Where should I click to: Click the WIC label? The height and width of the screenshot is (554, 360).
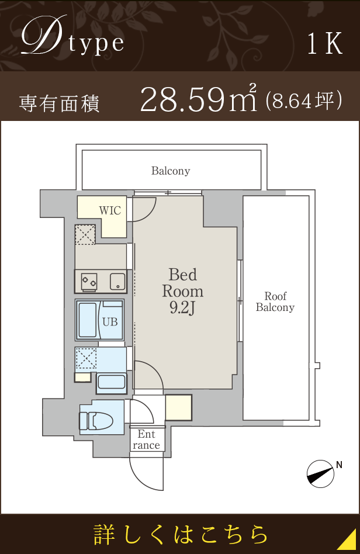[x=110, y=210]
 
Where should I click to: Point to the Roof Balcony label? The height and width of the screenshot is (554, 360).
[x=275, y=302]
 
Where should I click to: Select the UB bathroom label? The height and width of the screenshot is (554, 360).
[x=110, y=321]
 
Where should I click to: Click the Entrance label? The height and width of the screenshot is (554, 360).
[x=146, y=439]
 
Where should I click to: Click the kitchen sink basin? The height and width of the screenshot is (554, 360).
[x=117, y=281]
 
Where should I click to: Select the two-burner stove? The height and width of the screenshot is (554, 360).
[x=89, y=281]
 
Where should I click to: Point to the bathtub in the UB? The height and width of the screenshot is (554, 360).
[x=88, y=320]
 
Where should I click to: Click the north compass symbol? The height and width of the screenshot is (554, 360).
[x=321, y=474]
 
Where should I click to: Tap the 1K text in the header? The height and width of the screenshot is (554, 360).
[x=325, y=44]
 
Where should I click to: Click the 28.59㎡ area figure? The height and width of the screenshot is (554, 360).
[x=199, y=99]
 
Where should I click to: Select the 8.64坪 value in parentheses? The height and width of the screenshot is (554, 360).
[x=303, y=101]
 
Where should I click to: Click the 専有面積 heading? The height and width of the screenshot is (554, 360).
[x=60, y=103]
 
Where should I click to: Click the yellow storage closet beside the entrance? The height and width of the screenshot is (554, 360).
[x=179, y=407]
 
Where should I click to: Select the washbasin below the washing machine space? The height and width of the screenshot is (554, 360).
[x=111, y=383]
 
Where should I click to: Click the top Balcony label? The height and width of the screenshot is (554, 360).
[x=171, y=171]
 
